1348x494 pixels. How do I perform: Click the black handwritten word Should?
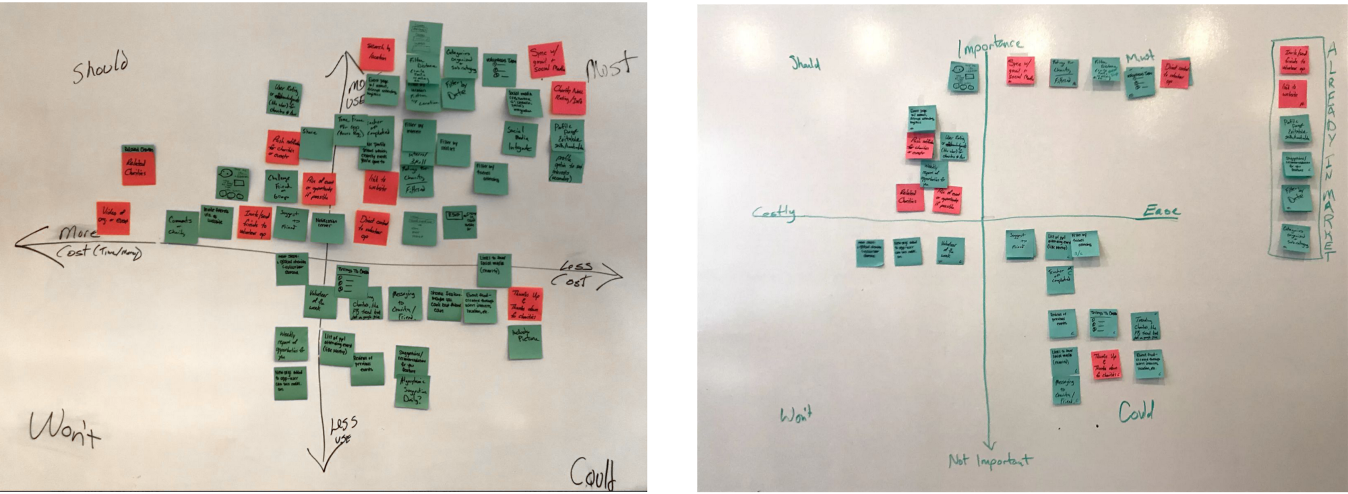pyautogui.click(x=100, y=67)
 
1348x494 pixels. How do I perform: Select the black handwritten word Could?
pyautogui.click(x=594, y=473)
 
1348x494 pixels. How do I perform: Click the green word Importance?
pyautogui.click(x=990, y=47)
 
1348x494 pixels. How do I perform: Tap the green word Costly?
pyautogui.click(x=774, y=213)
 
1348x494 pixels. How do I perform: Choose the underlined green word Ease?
pyautogui.click(x=1161, y=212)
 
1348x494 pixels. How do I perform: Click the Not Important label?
pyautogui.click(x=989, y=461)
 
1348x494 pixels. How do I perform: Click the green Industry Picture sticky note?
pyautogui.click(x=525, y=341)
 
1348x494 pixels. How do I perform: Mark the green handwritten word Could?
pyautogui.click(x=1136, y=411)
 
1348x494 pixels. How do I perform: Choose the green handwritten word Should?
pyautogui.click(x=805, y=64)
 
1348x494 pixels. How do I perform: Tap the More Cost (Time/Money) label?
pyautogui.click(x=94, y=243)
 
